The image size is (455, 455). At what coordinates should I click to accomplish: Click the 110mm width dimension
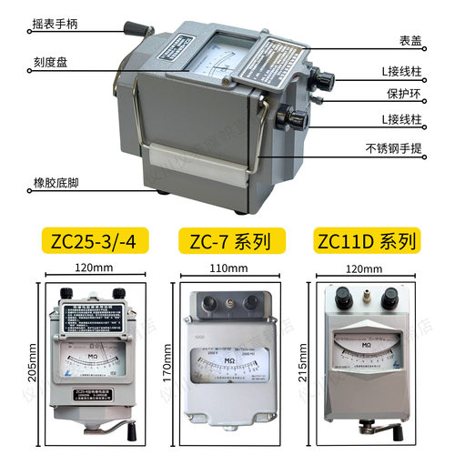click(x=227, y=269)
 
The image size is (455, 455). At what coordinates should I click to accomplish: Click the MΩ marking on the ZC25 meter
click(x=94, y=349)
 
